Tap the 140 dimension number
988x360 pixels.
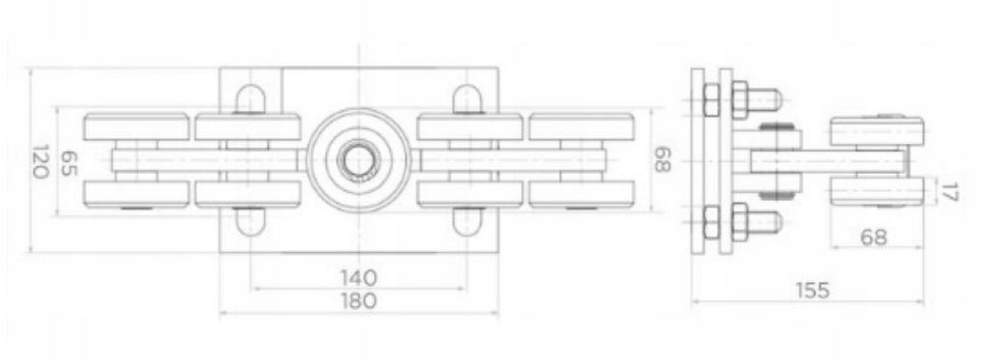pos(358,277)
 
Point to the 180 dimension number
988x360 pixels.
pos(358,300)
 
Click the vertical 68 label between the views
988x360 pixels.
pos(662,160)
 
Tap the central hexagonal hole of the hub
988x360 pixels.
pos(358,158)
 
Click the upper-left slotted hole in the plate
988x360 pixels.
pos(250,99)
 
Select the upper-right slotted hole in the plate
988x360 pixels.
pos(467,99)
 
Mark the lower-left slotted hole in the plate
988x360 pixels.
pos(250,221)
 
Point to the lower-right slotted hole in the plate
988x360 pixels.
pos(467,221)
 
